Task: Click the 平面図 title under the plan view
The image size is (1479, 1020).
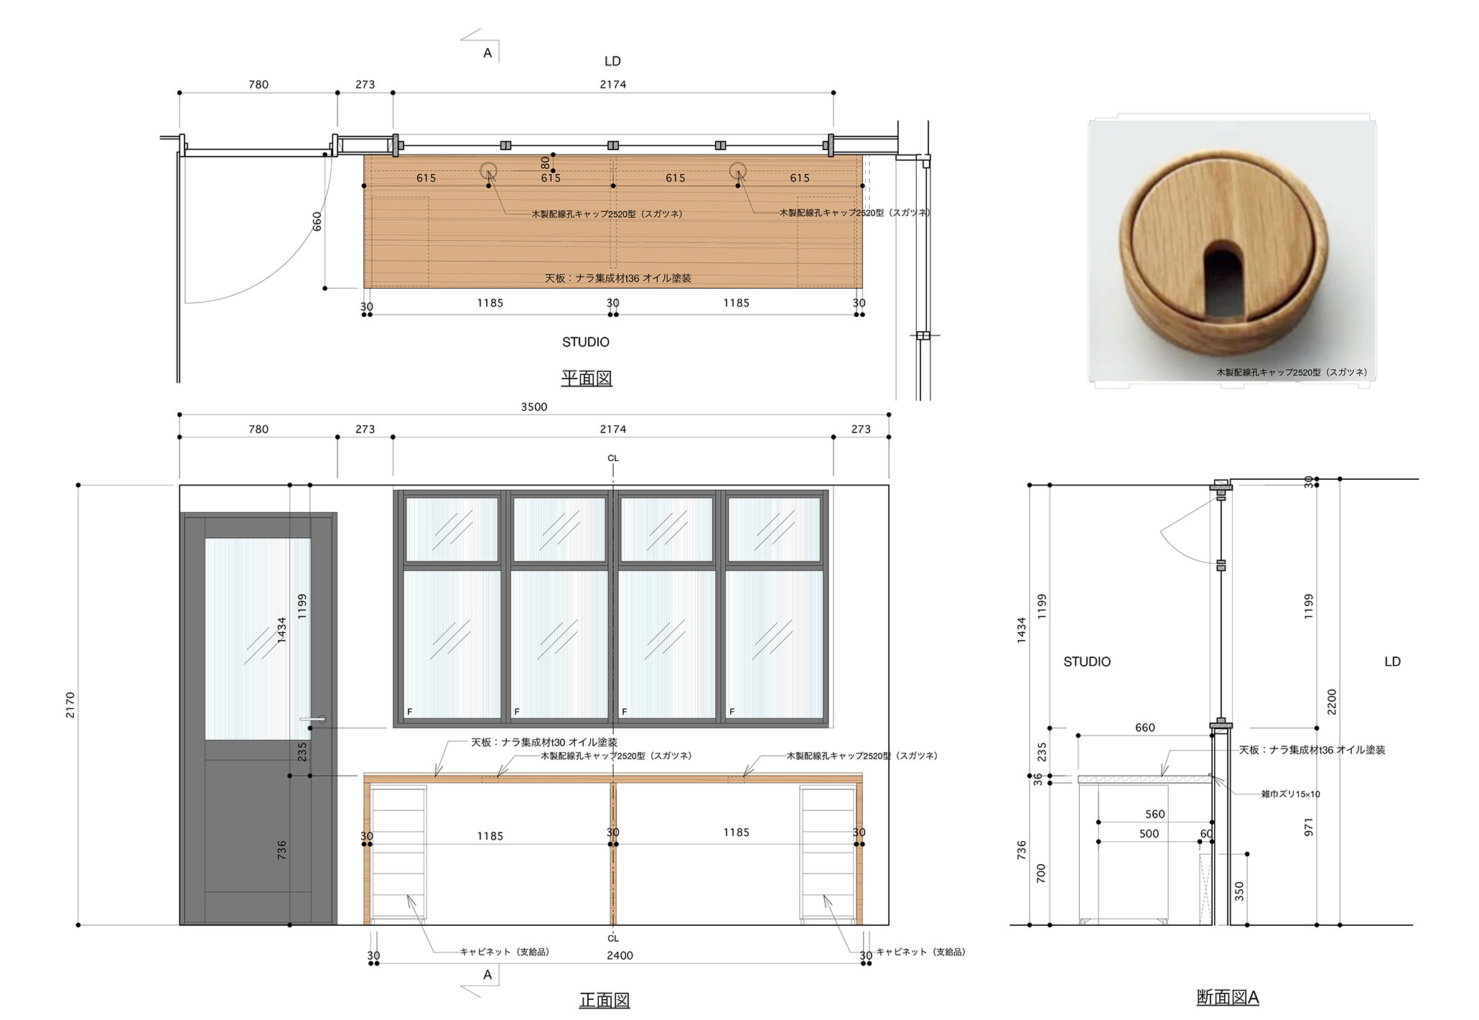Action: [586, 378]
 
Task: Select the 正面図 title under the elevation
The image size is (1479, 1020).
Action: [604, 1000]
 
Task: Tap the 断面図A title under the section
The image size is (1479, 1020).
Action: [1228, 997]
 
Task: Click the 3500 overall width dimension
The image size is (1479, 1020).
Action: [533, 407]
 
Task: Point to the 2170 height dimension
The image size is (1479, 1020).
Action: [70, 705]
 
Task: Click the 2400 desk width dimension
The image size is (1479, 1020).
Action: [620, 955]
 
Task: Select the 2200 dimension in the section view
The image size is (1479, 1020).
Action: [1332, 702]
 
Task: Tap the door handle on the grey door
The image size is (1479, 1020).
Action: [313, 719]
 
